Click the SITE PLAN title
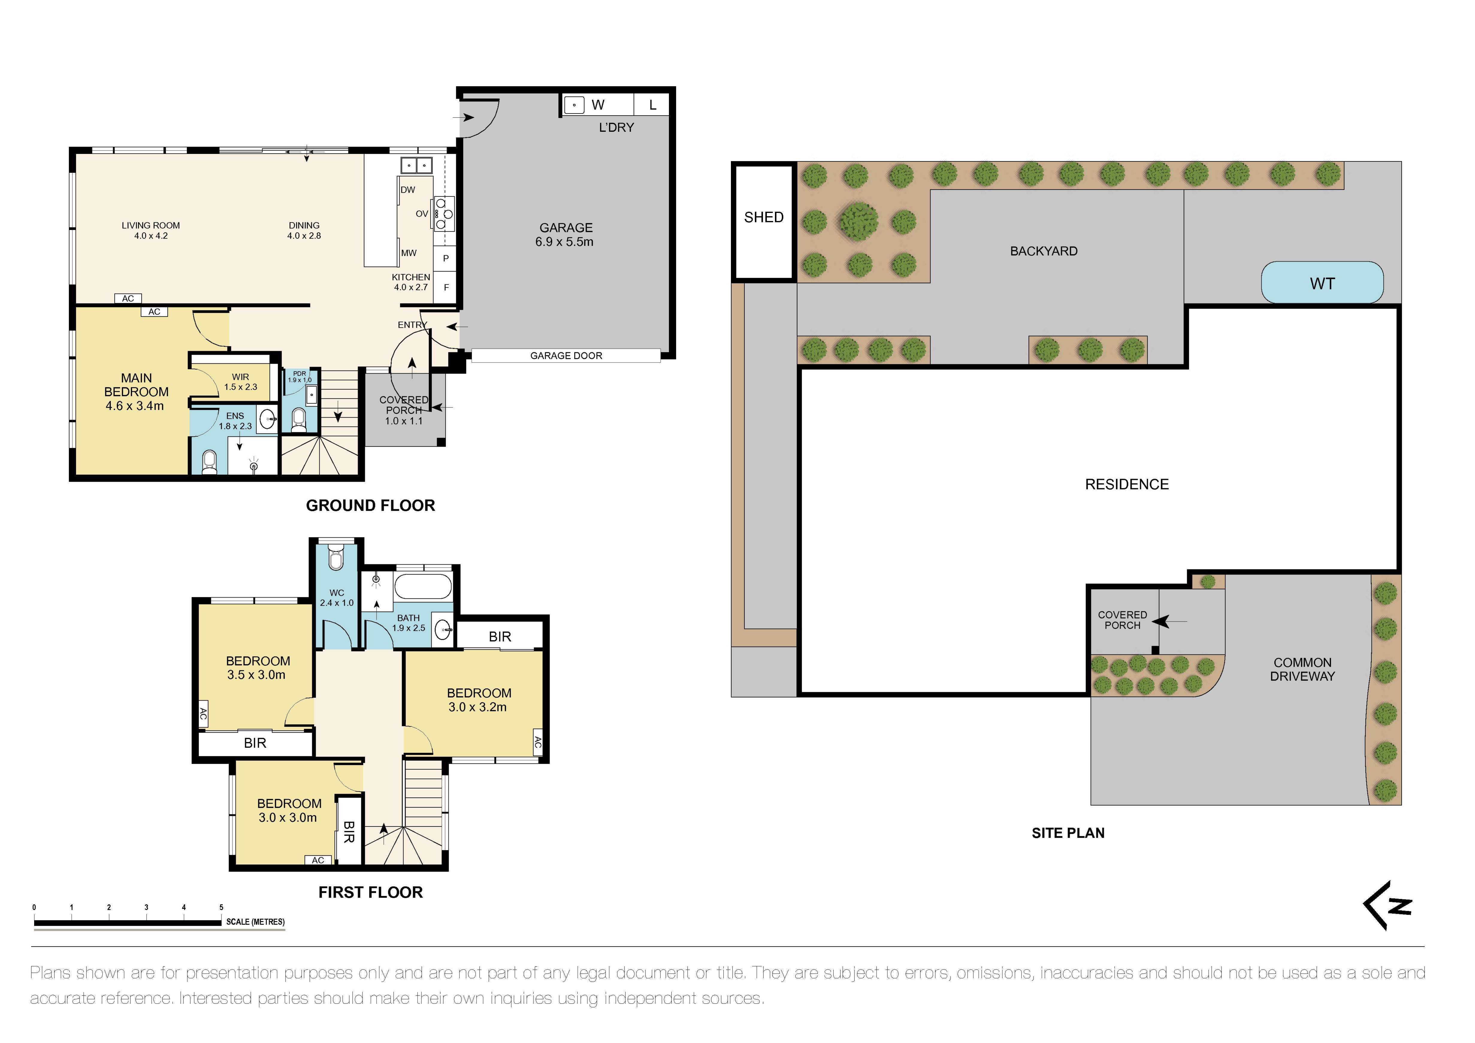click(1068, 833)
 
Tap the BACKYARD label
click(1043, 251)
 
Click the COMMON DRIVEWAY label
click(1302, 669)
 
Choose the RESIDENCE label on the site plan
click(1126, 484)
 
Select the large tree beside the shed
click(858, 220)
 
